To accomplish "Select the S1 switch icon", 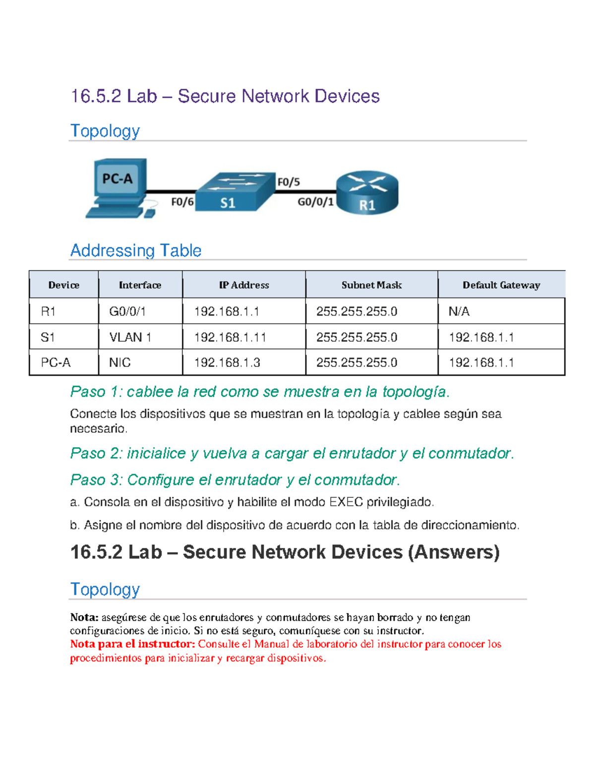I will tap(235, 192).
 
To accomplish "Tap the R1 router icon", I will tap(367, 192).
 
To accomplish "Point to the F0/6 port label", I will tap(182, 202).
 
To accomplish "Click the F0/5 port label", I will tap(288, 182).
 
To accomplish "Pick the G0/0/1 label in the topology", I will tap(315, 202).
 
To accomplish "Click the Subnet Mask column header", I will tap(371, 285).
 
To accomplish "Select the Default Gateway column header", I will tap(501, 285).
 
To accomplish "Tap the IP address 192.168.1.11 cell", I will tap(230, 338).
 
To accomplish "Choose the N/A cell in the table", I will tap(459, 311).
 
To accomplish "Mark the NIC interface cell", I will tap(119, 362).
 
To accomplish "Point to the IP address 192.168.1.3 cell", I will tap(227, 362).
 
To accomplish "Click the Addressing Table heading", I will tap(136, 250).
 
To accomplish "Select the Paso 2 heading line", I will tap(292, 453).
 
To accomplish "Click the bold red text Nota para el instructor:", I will tap(132, 644).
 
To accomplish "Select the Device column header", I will tap(63, 285).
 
